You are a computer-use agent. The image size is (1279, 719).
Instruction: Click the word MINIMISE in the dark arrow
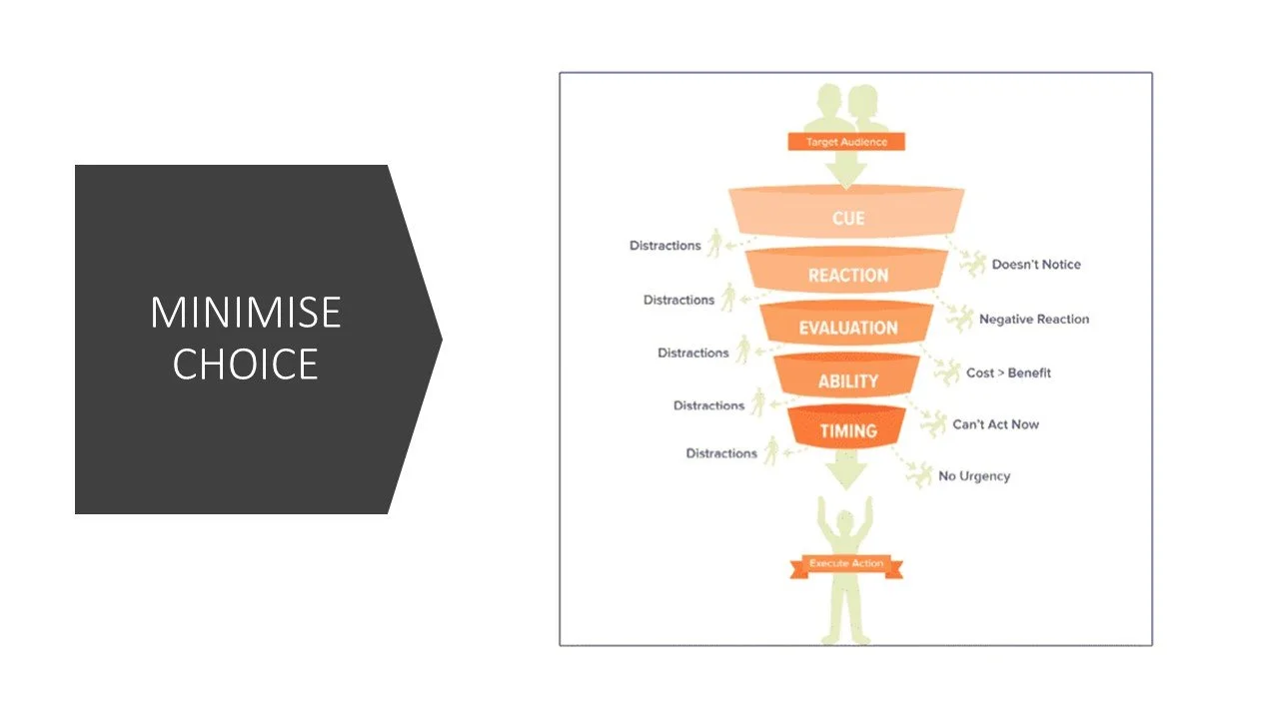[x=245, y=314]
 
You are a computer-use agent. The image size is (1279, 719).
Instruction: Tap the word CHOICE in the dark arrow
[x=245, y=363]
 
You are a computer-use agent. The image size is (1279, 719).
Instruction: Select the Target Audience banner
[x=845, y=142]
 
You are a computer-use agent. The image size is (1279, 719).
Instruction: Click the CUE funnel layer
[x=847, y=218]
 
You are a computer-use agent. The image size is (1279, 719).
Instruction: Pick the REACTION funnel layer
[x=847, y=275]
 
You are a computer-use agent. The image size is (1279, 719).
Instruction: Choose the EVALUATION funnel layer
[x=847, y=328]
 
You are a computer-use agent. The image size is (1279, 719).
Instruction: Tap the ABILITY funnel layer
[x=847, y=380]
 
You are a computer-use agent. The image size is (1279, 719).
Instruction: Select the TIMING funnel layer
[x=847, y=431]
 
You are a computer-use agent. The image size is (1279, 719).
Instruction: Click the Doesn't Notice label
[x=1036, y=265]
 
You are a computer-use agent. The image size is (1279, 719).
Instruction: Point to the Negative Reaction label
[x=1034, y=320]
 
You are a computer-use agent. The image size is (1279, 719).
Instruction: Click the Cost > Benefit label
[x=1008, y=372]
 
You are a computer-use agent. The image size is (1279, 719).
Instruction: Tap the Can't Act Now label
[x=995, y=424]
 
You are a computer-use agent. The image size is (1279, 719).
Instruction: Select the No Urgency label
[x=974, y=476]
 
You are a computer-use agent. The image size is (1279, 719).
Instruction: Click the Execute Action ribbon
[x=846, y=564]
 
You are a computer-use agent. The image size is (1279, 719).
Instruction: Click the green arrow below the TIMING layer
[x=846, y=469]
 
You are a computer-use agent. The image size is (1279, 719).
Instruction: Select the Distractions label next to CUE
[x=664, y=246]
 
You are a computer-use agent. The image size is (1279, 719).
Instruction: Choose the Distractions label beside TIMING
[x=721, y=453]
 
